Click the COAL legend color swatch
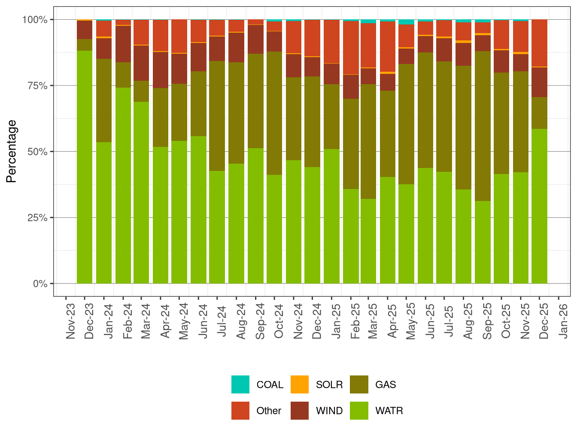pos(240,384)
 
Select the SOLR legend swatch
pos(300,384)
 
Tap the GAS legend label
pos(385,384)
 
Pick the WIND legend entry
pos(329,411)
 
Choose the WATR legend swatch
pos(359,411)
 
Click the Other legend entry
pos(268,411)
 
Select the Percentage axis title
pos(12,152)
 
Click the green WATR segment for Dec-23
pos(85,168)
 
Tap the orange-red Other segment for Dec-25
pos(539,43)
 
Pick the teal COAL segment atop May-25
pos(406,22)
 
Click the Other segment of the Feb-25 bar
pos(351,48)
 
